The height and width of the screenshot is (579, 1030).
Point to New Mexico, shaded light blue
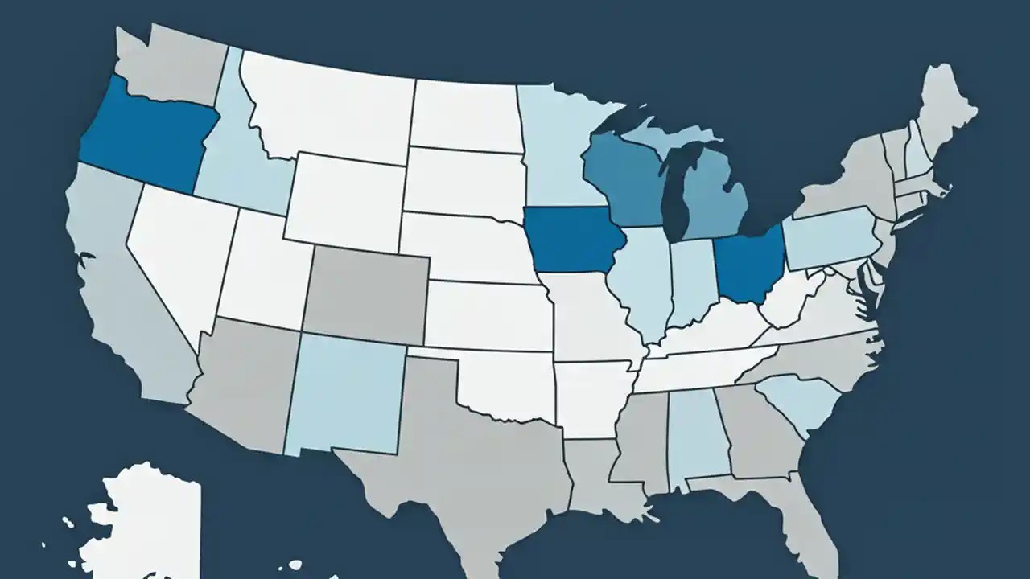[x=346, y=394]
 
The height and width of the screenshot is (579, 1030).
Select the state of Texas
[x=467, y=458]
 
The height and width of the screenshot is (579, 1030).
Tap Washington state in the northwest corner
[x=173, y=64]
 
